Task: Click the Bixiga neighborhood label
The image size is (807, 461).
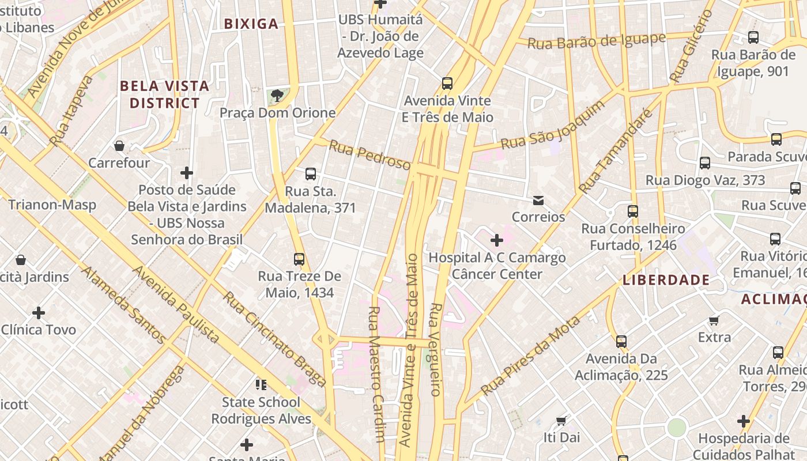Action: click(x=251, y=24)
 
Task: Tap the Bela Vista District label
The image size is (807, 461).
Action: click(x=164, y=95)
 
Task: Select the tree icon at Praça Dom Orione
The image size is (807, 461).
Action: click(x=277, y=95)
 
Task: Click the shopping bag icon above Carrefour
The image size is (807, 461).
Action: click(x=119, y=145)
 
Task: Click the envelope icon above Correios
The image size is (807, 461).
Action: click(x=538, y=201)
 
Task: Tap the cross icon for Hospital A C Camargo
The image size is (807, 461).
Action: click(x=496, y=240)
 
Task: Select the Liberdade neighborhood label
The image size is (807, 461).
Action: click(x=666, y=280)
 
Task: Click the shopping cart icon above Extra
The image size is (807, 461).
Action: click(x=714, y=320)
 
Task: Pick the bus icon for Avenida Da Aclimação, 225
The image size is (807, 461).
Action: click(x=621, y=342)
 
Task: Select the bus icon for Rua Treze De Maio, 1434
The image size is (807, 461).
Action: click(x=299, y=259)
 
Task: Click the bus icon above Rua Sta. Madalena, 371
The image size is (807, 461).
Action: click(x=311, y=174)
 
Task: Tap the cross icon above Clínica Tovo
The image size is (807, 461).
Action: click(x=39, y=313)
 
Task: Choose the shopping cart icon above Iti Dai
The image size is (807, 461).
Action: click(x=561, y=421)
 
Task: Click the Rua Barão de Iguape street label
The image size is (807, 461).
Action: click(x=597, y=41)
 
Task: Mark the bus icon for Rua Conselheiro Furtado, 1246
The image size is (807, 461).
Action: click(x=633, y=211)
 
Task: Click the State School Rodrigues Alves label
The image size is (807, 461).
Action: click(x=261, y=410)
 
